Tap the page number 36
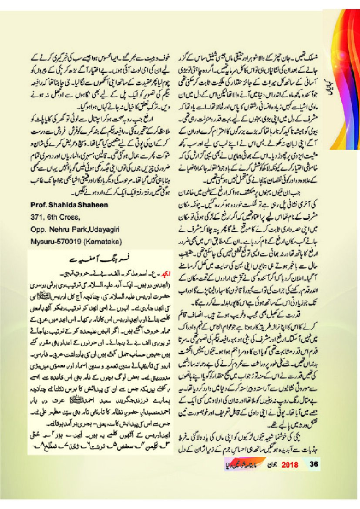(x=313, y=464)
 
